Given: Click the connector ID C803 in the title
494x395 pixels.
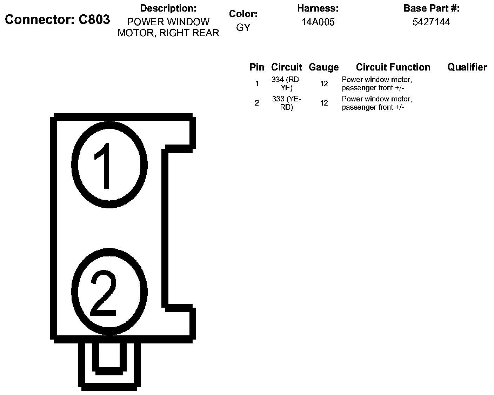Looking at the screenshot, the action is click(94, 20).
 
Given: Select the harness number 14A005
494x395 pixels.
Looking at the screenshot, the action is click(318, 22).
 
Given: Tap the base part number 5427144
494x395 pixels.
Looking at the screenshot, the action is click(431, 22).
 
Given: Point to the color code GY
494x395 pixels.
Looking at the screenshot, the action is click(243, 27).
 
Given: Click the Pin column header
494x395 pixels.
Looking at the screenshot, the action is click(257, 67).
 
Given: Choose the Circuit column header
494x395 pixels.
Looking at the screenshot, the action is click(287, 67).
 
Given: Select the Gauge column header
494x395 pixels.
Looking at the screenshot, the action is click(323, 67).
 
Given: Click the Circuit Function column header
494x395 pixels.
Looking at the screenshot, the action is click(393, 67).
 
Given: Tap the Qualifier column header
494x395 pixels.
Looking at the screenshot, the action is click(467, 67).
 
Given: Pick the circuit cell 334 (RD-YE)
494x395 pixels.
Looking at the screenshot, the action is click(287, 84).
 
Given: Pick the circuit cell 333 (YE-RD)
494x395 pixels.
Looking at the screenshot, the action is click(287, 103).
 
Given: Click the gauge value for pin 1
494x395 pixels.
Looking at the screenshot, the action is click(324, 84).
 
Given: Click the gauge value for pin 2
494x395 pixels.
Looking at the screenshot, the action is click(324, 103).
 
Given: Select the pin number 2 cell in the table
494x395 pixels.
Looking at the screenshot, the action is click(257, 103).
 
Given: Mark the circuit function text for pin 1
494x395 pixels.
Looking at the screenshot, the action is click(377, 84).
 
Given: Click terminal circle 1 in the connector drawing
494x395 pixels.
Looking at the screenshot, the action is click(109, 165).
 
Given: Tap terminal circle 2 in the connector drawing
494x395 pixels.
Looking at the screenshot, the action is click(109, 292).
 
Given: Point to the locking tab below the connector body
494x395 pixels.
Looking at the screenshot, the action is click(109, 365).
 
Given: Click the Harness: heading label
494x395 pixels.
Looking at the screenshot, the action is click(318, 8).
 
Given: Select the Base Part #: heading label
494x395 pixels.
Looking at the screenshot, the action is click(431, 8).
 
